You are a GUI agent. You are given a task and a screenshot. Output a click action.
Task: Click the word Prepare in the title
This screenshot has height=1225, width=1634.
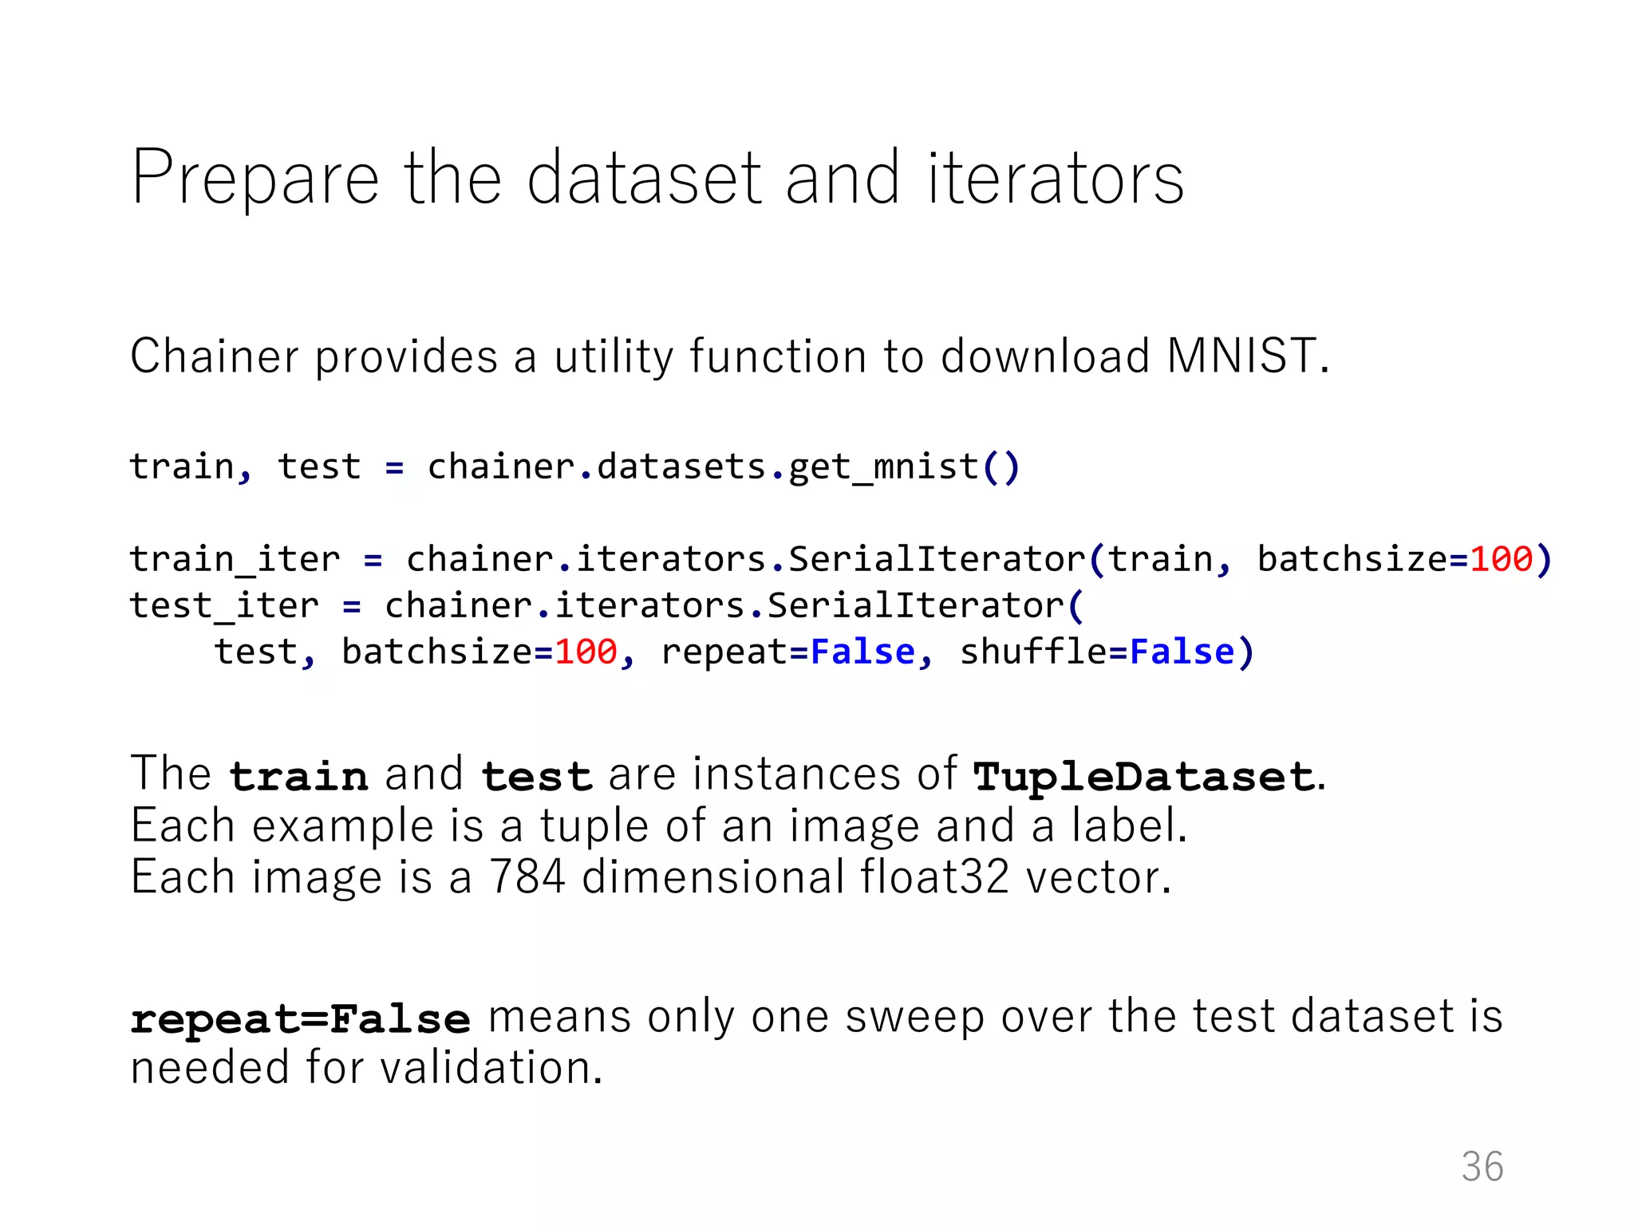pos(255,179)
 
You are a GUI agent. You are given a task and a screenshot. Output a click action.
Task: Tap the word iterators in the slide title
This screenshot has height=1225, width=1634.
pos(1055,179)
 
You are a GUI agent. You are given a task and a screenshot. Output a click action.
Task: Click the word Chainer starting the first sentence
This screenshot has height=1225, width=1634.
pos(214,356)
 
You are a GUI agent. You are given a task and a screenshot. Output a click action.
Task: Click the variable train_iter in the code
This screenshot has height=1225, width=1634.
pos(235,560)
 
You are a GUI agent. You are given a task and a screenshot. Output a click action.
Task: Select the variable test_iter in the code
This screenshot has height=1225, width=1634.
pos(224,606)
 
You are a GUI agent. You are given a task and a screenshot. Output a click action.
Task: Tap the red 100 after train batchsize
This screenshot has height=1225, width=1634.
pos(1501,560)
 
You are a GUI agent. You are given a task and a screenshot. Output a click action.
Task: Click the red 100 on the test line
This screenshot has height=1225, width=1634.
pos(586,652)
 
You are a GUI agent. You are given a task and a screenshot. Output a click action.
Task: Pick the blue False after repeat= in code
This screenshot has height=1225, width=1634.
pos(862,652)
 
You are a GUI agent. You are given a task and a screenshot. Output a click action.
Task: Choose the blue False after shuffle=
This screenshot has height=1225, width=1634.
pos(1182,652)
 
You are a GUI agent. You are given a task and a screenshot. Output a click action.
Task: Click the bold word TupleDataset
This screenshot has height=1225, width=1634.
pos(1143,776)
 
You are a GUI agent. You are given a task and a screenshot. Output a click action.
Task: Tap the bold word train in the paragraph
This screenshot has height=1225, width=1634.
pos(298,776)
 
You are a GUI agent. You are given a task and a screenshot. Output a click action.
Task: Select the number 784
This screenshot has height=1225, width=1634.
pos(527,877)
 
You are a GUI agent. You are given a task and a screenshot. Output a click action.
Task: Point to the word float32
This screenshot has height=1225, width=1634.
pos(934,877)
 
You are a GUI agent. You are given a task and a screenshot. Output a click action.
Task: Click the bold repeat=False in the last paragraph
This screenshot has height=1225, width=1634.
pos(300,1019)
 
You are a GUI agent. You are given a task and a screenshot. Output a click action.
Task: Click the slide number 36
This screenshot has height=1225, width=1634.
pos(1482,1167)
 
